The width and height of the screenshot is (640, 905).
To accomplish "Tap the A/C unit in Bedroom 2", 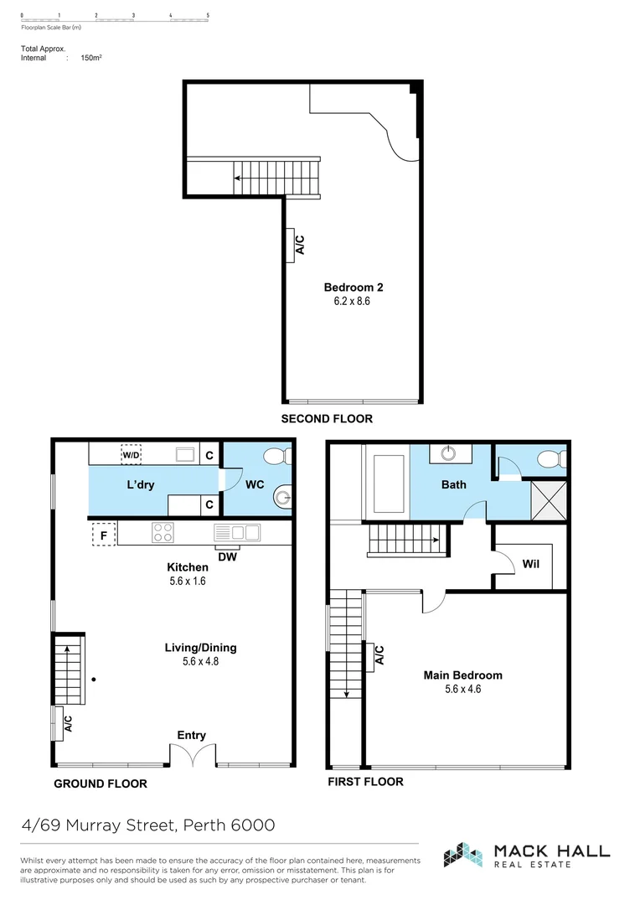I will [x=290, y=245].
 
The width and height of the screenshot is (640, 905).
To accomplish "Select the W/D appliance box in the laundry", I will [x=132, y=455].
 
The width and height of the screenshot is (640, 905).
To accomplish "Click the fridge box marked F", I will [x=102, y=534].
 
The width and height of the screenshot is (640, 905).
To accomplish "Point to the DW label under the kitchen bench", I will [x=226, y=556].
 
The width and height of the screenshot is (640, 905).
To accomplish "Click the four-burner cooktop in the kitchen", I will [x=163, y=533].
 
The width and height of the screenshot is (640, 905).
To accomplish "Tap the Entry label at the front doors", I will [x=191, y=735].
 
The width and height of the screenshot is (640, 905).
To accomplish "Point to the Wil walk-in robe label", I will [x=531, y=564].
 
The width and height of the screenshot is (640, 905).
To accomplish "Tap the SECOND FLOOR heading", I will [x=327, y=419].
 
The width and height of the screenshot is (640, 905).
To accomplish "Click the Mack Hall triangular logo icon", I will [x=464, y=855].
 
